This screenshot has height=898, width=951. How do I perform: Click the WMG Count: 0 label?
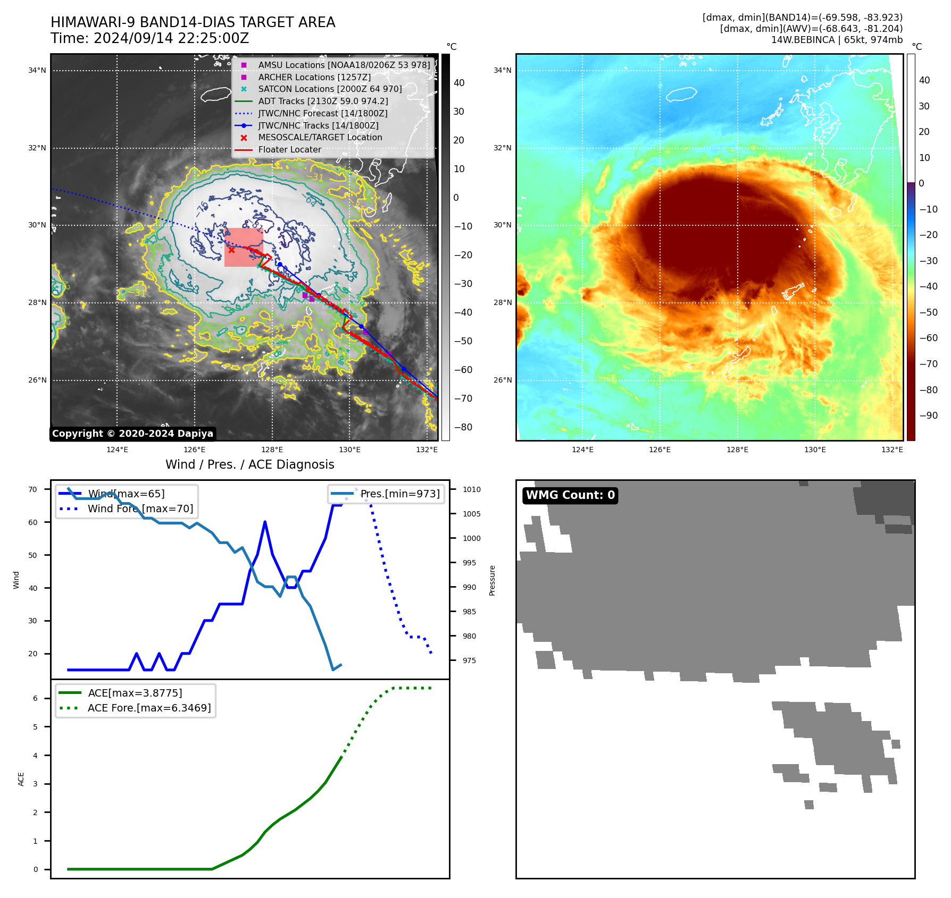[570, 495]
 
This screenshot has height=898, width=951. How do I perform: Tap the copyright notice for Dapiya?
[132, 434]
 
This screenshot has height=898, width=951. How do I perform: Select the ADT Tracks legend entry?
[323, 101]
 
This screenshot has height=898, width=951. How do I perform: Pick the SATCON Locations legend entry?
[330, 89]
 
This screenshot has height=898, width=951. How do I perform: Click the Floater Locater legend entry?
[289, 150]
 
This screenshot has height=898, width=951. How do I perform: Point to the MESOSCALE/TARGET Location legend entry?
[320, 138]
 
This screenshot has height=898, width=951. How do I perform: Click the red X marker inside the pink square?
[231, 250]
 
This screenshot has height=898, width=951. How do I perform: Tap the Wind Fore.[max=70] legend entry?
[140, 509]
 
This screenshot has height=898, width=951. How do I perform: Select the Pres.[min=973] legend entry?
[399, 494]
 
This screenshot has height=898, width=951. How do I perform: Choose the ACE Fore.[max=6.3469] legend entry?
[149, 708]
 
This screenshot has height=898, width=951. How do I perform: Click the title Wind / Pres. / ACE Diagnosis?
[249, 464]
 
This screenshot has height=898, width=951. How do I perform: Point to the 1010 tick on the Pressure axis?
[471, 489]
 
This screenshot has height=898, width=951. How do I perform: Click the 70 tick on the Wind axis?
[33, 489]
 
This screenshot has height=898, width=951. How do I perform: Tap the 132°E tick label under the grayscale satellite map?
[427, 450]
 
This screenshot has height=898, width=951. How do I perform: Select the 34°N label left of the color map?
[502, 70]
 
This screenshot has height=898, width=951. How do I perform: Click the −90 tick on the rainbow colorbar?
[928, 416]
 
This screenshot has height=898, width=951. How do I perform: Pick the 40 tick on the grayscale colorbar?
[459, 83]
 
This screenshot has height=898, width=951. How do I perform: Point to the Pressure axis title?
[492, 580]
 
